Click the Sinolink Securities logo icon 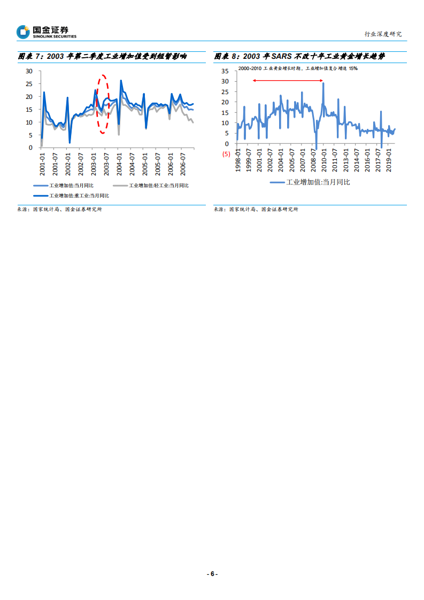(23, 32)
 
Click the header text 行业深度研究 (383, 34)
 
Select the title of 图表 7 (102, 56)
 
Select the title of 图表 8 (299, 56)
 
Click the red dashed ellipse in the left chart (104, 104)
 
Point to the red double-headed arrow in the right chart (288, 81)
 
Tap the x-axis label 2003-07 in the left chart (107, 161)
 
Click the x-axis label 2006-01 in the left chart (171, 161)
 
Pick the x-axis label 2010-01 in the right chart (324, 159)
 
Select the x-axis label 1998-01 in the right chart (238, 159)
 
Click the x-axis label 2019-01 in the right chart (389, 159)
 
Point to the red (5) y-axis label (226, 154)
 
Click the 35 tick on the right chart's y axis (225, 71)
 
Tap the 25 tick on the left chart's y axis (29, 84)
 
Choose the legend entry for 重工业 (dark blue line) (72, 196)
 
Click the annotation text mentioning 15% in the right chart (298, 69)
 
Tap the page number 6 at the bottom (212, 573)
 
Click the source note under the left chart (59, 210)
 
